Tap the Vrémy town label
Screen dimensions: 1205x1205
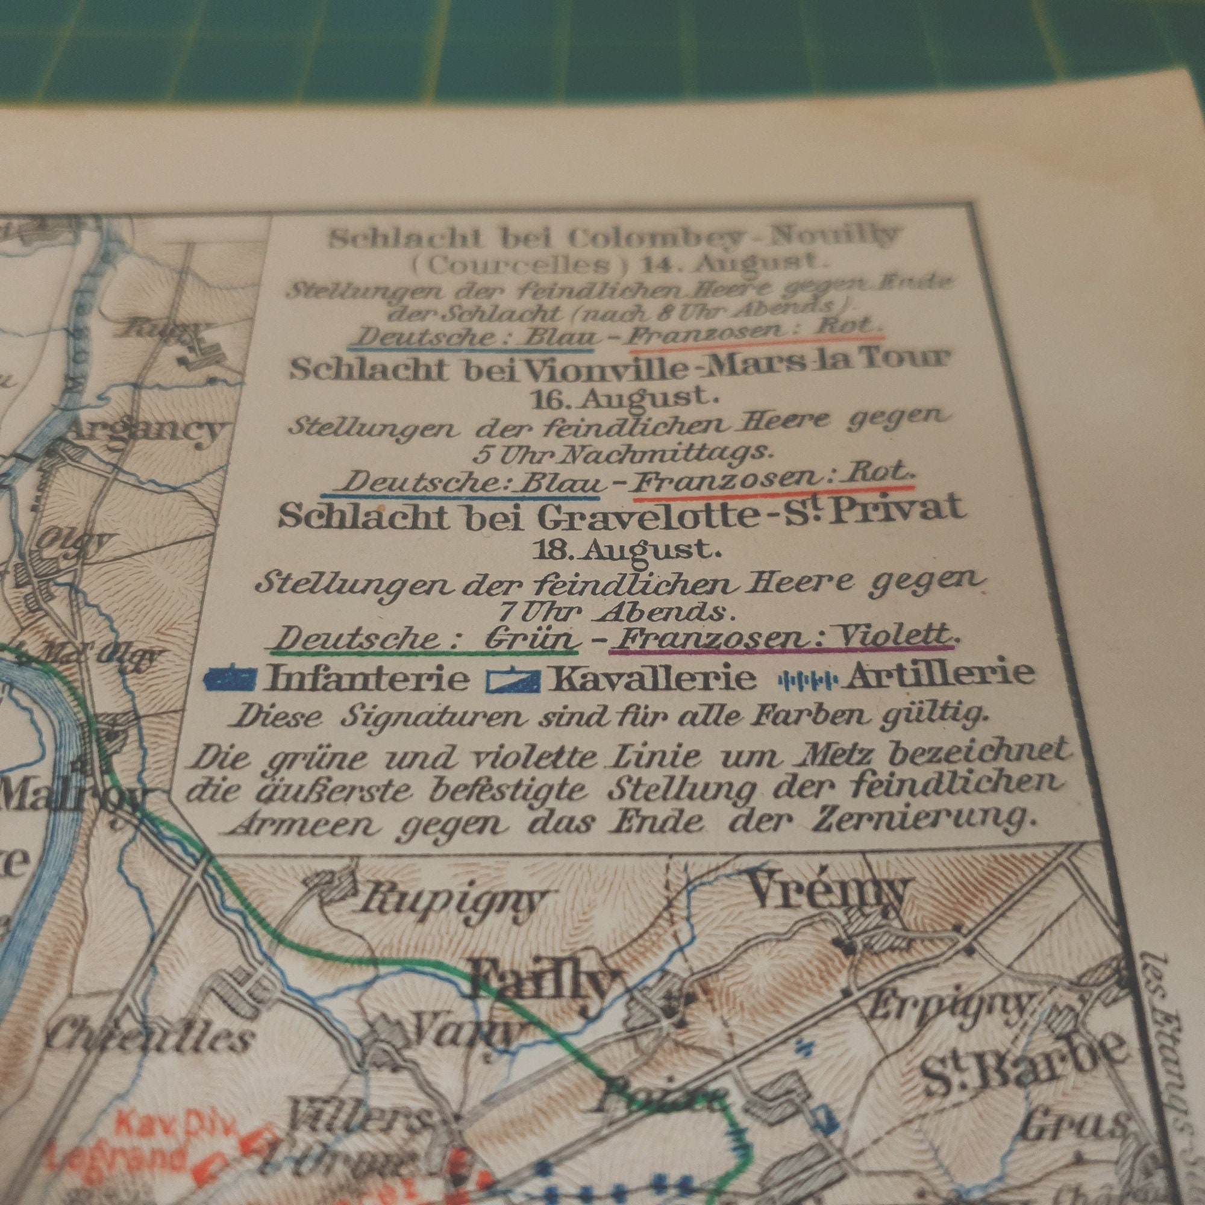829,892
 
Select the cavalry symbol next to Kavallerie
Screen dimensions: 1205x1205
513,679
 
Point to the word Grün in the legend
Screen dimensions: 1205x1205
537,640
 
